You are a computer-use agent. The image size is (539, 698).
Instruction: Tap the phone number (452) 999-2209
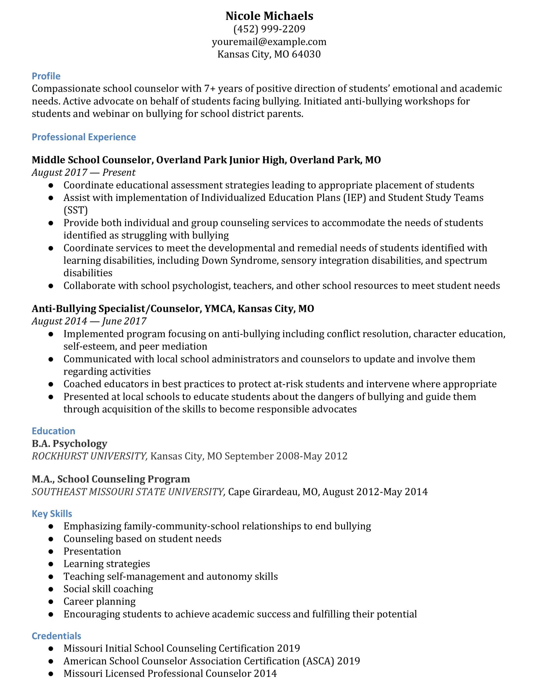269,29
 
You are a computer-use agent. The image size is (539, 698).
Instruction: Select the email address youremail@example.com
269,42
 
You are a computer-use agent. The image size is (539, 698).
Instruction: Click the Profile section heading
46,76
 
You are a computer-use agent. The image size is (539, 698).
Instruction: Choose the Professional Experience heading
84,137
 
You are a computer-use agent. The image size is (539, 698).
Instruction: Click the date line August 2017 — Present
83,173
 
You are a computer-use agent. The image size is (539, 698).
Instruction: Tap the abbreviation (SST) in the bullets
75,210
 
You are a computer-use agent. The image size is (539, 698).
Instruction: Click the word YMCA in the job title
218,308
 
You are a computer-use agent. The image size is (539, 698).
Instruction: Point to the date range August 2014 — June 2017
89,321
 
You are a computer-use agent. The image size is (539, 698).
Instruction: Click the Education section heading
53,431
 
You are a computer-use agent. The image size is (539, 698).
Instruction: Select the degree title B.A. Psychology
69,444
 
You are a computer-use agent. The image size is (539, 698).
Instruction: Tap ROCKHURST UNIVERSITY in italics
89,456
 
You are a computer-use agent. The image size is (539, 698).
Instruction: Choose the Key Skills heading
52,514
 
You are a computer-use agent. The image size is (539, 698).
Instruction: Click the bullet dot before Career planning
50,602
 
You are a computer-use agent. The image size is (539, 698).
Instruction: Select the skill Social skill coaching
108,589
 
